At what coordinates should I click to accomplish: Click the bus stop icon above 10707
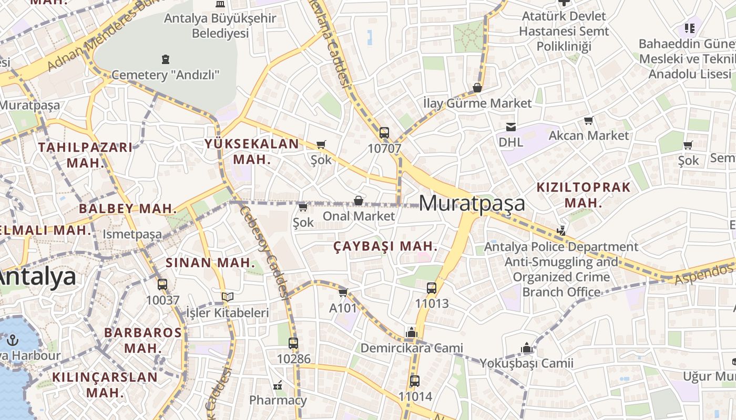(384, 132)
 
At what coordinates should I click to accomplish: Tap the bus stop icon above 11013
(432, 288)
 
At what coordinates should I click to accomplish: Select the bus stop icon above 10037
(162, 285)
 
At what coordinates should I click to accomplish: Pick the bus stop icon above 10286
(293, 343)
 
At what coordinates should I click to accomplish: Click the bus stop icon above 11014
(415, 381)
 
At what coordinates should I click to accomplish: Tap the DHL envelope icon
(510, 127)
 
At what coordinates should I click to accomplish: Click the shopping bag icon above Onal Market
(359, 201)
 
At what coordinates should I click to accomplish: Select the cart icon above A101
(343, 292)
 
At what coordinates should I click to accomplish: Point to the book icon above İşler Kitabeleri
(227, 297)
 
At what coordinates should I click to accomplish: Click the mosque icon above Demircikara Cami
(411, 332)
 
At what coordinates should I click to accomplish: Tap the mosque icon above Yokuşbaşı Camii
(527, 348)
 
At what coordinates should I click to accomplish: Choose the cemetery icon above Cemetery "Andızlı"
(166, 59)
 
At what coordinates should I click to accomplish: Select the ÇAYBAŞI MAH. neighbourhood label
(386, 246)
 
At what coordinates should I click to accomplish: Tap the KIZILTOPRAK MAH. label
(584, 195)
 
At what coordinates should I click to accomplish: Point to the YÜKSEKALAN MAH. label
(252, 151)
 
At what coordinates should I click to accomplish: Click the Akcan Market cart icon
(589, 121)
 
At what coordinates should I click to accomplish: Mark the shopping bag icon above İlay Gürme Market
(477, 88)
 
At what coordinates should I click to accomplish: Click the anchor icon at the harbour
(13, 340)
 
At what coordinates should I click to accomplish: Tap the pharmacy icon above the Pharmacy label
(278, 385)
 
